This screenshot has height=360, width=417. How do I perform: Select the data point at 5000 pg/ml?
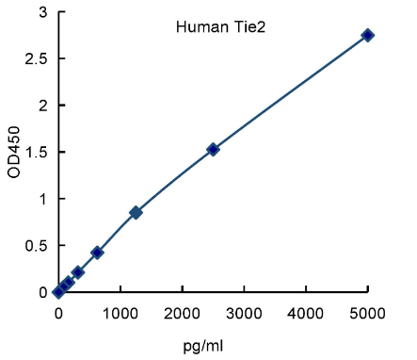click(367, 35)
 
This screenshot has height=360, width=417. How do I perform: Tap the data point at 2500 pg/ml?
click(213, 149)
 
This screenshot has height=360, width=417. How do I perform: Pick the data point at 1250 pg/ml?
click(136, 213)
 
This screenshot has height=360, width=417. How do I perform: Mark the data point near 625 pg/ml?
click(97, 253)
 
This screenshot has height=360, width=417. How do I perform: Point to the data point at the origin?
click(58, 292)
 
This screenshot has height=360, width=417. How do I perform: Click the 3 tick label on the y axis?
click(42, 12)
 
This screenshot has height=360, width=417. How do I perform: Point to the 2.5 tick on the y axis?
click(38, 58)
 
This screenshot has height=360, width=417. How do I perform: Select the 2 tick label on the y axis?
click(42, 106)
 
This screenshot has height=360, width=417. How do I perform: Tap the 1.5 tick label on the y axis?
click(38, 152)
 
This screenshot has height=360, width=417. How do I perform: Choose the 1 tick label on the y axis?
click(42, 199)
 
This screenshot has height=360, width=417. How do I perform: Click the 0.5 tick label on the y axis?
click(38, 245)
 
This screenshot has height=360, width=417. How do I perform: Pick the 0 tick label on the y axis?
click(42, 292)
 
